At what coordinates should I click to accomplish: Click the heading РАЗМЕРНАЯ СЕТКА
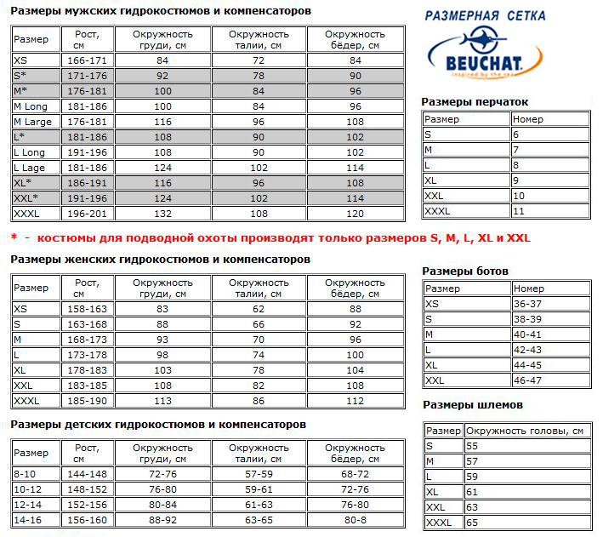[x=485, y=15]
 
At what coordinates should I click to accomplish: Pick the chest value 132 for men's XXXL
[x=162, y=214]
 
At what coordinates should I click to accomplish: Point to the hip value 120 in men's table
[x=356, y=214]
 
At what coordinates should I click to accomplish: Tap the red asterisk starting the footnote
[x=14, y=238]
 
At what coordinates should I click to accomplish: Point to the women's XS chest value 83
[x=162, y=309]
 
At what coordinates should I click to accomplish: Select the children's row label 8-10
[x=26, y=474]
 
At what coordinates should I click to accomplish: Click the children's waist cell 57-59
[x=259, y=474]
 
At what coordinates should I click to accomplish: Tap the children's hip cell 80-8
[x=356, y=520]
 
